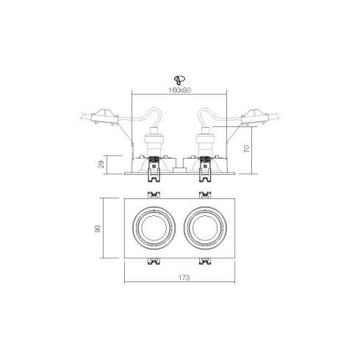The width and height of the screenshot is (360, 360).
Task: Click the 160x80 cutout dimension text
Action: [x=179, y=90]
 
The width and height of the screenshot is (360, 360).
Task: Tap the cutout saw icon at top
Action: [x=179, y=80]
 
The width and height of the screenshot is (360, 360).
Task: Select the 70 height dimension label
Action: [x=247, y=149]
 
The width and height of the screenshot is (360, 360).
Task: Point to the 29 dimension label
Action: [x=101, y=164]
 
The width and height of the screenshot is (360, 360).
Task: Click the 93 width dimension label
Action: [x=98, y=228]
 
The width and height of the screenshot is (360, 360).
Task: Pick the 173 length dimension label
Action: [x=184, y=278]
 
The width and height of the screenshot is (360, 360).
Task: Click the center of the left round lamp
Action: [x=154, y=228]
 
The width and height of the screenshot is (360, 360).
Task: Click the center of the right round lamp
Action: [x=205, y=228]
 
